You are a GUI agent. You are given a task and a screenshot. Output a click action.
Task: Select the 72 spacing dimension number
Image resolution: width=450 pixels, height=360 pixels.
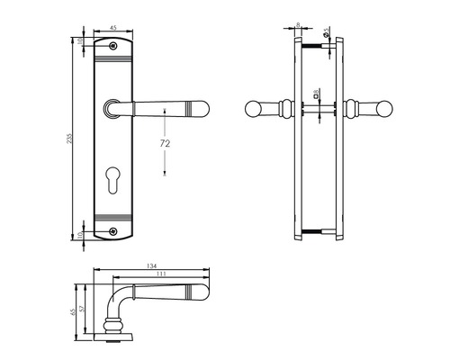[165, 142]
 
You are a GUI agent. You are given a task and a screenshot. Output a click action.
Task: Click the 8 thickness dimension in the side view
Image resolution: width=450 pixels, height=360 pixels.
[298, 27]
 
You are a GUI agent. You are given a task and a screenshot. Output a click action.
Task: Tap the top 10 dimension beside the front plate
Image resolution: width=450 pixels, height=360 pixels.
[80, 41]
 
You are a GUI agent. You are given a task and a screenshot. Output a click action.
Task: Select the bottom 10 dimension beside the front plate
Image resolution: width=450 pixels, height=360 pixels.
[80, 236]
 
